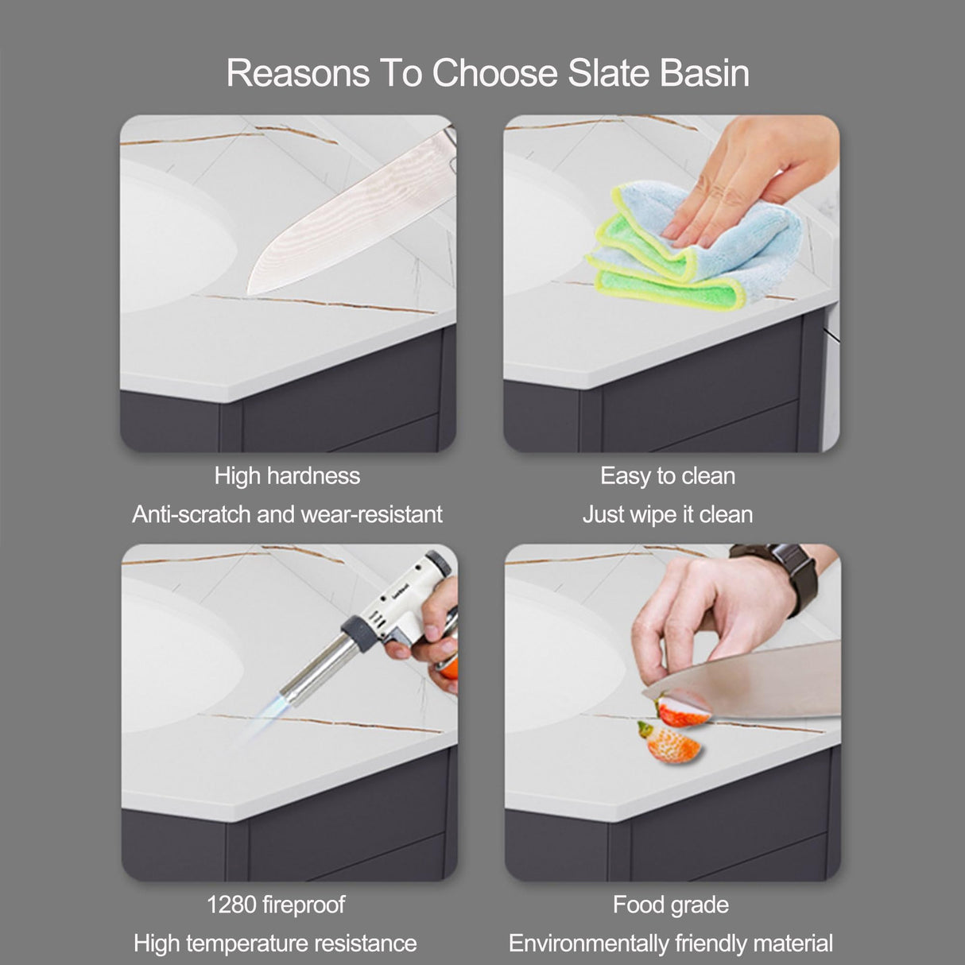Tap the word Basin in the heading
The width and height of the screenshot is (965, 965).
pyautogui.click(x=704, y=73)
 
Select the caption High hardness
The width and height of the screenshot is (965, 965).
pyautogui.click(x=288, y=475)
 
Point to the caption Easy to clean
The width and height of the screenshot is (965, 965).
pyautogui.click(x=668, y=475)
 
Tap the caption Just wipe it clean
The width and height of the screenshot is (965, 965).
pyautogui.click(x=668, y=514)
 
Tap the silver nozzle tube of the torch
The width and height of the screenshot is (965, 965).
pyautogui.click(x=314, y=669)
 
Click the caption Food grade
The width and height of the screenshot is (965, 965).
pyautogui.click(x=671, y=905)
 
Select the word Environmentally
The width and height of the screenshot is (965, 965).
pyautogui.click(x=588, y=943)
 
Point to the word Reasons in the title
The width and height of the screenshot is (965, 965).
pyautogui.click(x=298, y=73)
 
